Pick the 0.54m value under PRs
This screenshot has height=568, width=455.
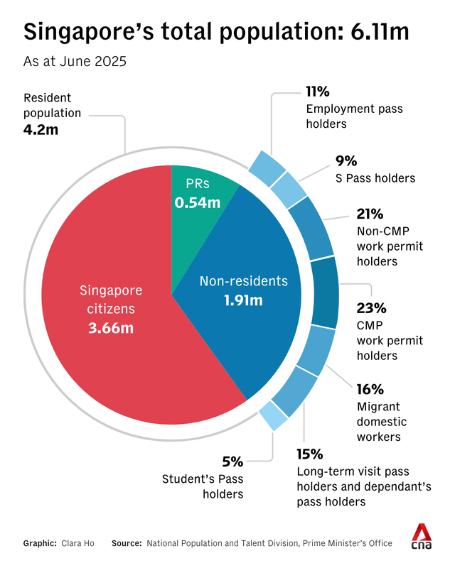(198, 203)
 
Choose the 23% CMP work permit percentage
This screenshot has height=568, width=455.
(370, 308)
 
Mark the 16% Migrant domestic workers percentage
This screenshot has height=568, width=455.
(369, 389)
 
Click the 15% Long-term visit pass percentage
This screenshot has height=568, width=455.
(309, 454)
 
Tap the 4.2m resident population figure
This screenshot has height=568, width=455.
(43, 131)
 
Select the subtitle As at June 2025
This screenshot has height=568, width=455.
(75, 61)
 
